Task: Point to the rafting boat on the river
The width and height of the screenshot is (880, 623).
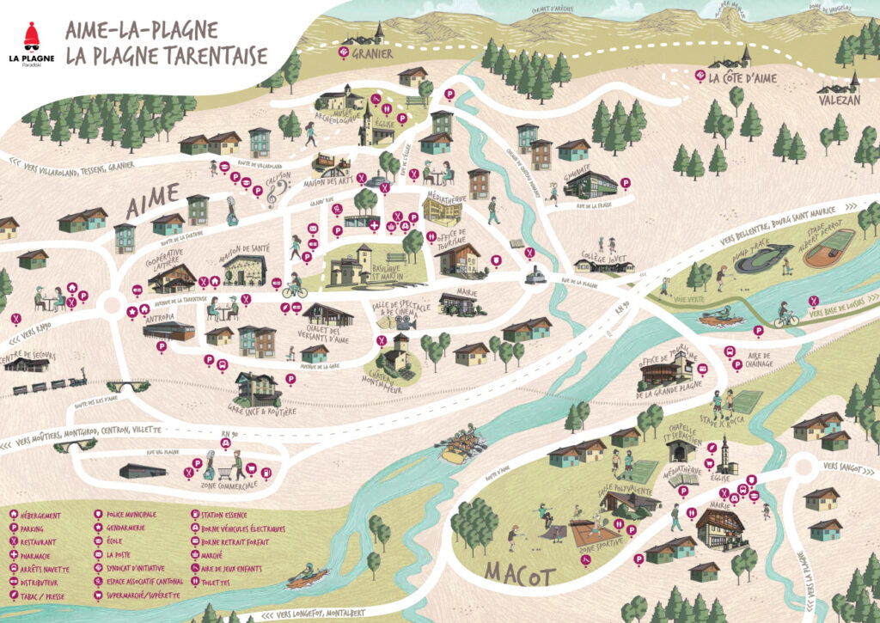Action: (457, 446)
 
